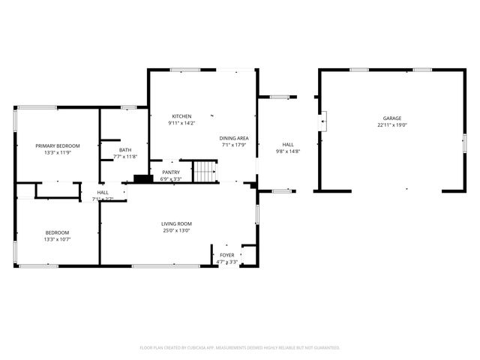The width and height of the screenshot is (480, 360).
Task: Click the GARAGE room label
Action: [x=391, y=118]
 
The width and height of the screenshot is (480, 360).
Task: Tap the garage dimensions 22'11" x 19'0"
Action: [x=391, y=126]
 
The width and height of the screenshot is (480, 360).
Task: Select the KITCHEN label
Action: [x=181, y=116]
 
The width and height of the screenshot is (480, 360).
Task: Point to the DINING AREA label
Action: [x=234, y=139]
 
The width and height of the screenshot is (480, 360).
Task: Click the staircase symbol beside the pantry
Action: [x=205, y=172]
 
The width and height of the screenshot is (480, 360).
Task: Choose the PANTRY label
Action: [x=171, y=172]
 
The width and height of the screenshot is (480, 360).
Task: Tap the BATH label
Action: [x=125, y=150]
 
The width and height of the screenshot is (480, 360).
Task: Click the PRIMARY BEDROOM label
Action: [x=58, y=145]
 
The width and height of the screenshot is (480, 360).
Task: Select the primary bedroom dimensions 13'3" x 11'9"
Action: [x=58, y=153]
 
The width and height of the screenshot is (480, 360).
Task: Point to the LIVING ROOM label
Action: [x=177, y=223]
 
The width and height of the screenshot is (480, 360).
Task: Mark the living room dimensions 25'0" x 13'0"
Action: [x=177, y=231]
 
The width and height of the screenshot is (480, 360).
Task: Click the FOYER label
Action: [x=226, y=256]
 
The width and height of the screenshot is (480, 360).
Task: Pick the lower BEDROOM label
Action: [x=57, y=232]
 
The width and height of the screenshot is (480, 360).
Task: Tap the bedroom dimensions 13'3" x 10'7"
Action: [x=57, y=240]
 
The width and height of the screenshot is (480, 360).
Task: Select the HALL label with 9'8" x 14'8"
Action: [x=288, y=145]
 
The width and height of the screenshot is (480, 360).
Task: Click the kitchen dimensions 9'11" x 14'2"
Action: [x=181, y=124]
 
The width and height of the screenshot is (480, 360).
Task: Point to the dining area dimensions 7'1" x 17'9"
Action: [x=234, y=146]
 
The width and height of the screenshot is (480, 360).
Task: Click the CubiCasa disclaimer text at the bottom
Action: [x=240, y=348]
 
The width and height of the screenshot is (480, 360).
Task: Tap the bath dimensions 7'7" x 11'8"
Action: [x=125, y=157]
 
